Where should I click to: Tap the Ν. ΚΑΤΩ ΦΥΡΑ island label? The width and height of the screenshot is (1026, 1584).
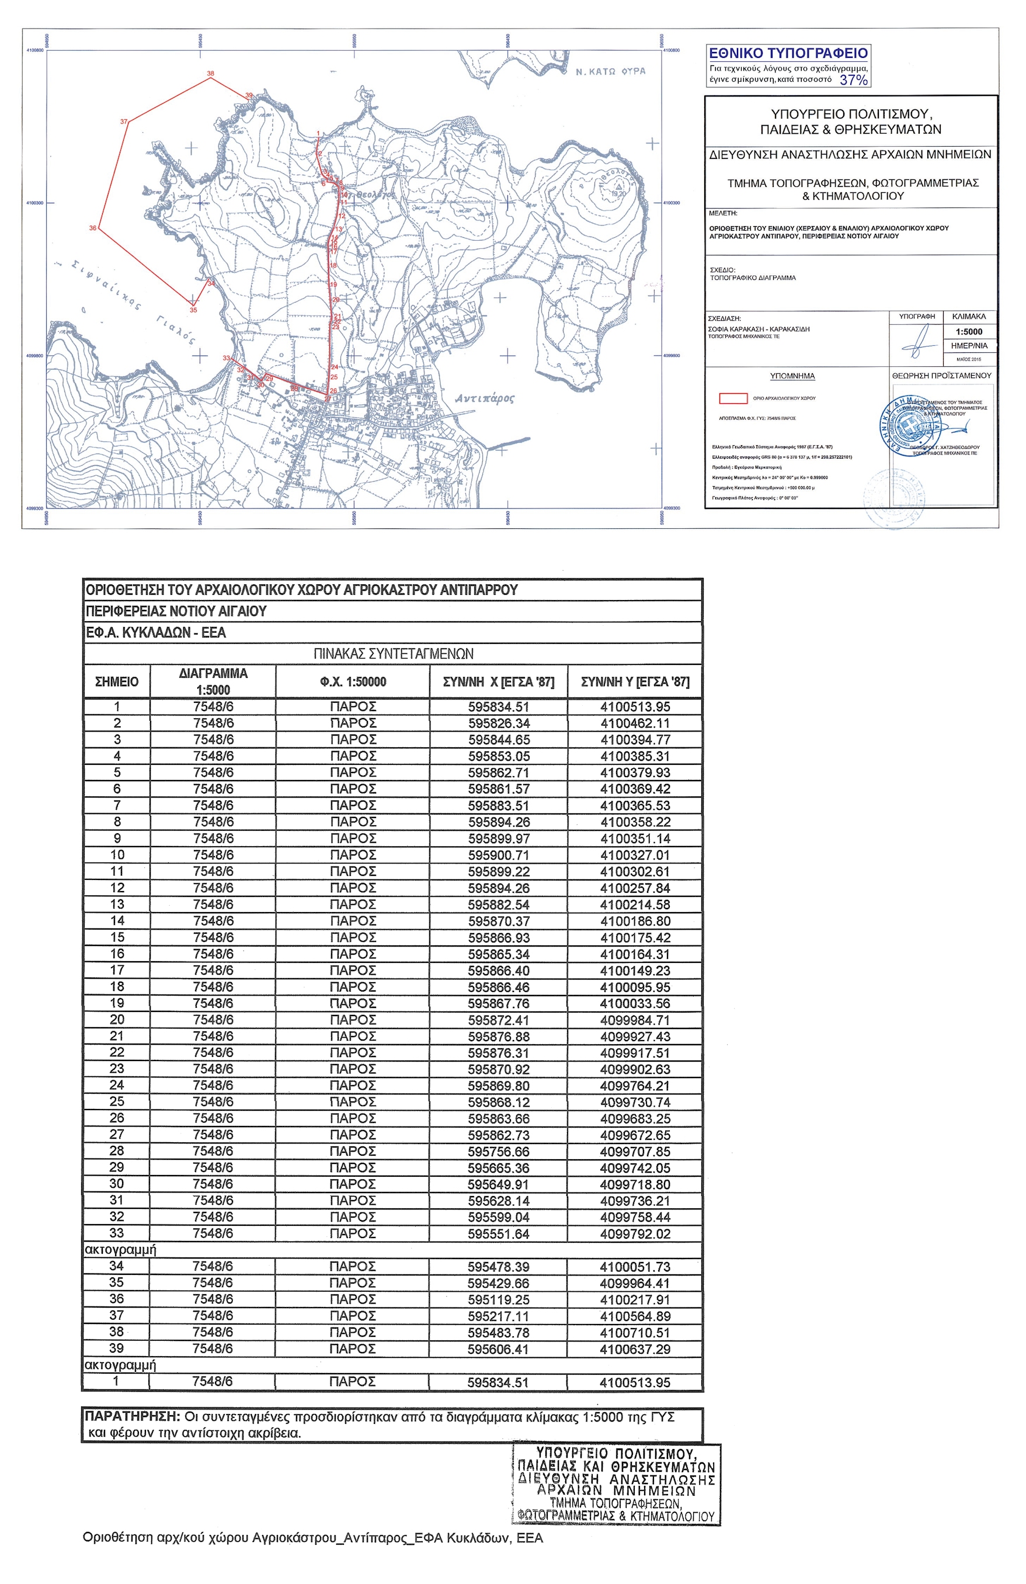(x=610, y=71)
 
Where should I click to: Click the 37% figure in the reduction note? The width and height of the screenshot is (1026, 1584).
(x=853, y=80)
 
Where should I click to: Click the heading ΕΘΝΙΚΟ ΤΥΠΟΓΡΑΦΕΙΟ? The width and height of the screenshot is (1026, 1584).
(x=788, y=54)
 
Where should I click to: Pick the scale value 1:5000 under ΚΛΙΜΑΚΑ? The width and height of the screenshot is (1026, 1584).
(x=968, y=331)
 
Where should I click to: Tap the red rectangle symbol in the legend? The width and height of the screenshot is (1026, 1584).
(x=733, y=398)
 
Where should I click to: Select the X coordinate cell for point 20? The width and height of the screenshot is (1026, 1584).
(x=498, y=1020)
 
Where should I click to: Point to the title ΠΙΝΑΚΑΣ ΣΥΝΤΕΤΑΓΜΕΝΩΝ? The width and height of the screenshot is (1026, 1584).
(x=393, y=654)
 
